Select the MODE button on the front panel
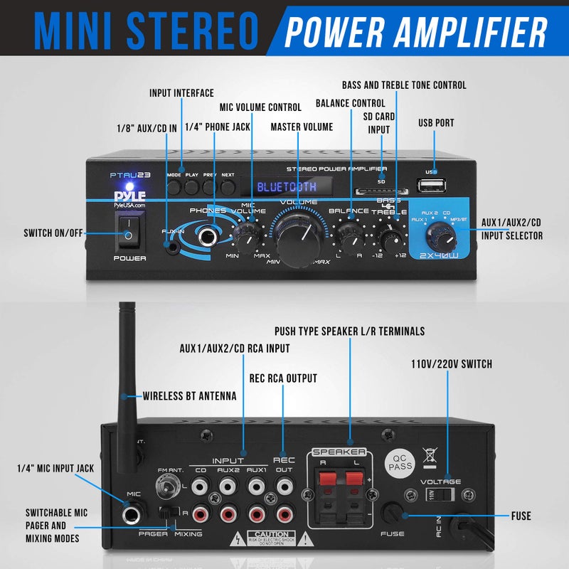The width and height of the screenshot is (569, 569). click(x=174, y=187)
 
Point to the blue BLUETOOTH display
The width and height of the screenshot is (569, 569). click(x=287, y=187)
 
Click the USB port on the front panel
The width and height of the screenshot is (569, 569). click(x=430, y=186)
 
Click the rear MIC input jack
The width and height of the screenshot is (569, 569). click(x=134, y=516)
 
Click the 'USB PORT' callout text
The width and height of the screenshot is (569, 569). click(x=436, y=123)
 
